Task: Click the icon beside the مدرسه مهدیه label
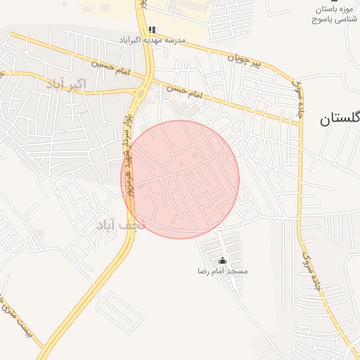(152, 30)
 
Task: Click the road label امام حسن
(184, 91)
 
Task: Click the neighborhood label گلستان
(339, 118)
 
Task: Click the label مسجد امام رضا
(224, 271)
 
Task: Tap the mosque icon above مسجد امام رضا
(224, 261)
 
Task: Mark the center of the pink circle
(180, 179)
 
